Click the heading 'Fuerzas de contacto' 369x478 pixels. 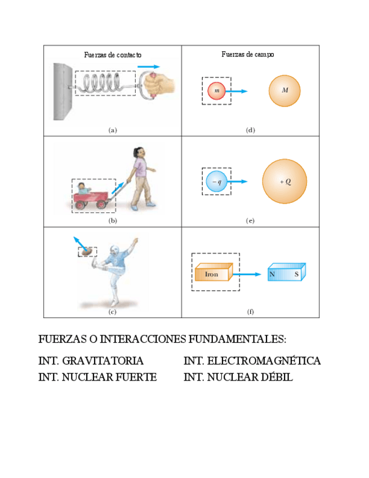pos(113,55)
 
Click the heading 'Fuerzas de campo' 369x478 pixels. pos(248,55)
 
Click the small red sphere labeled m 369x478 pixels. pos(216,91)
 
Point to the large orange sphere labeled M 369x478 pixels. pos(284,91)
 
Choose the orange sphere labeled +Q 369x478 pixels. pos(284,182)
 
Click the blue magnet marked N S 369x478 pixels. pos(286,273)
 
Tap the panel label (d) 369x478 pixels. pos(251,130)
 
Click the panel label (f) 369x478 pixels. pos(251,311)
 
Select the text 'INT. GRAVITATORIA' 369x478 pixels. pos(91,361)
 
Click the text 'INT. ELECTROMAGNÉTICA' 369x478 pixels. pos(252,361)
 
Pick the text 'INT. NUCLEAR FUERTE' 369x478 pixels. pos(97,377)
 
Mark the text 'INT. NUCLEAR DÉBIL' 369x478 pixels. pos(238,377)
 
